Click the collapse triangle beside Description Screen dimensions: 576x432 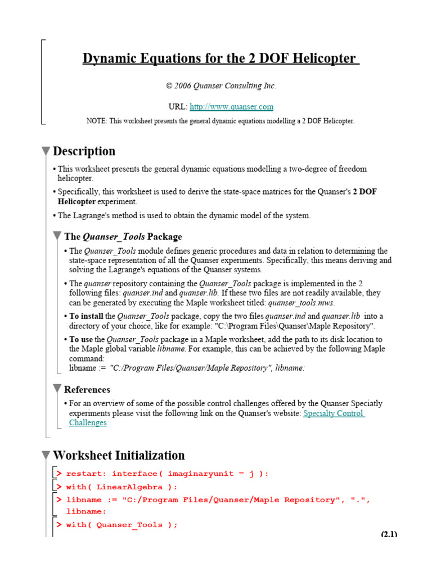pos(46,151)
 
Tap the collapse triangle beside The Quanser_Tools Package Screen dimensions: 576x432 pos(57,236)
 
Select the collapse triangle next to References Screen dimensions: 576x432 pos(57,389)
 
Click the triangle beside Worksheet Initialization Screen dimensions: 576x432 pos(46,456)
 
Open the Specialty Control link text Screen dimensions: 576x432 pos(334,413)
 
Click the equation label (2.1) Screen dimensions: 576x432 pos(389,534)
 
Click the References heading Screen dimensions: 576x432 pos(87,389)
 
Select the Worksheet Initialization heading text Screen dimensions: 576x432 pos(118,456)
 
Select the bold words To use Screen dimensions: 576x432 pos(81,339)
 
